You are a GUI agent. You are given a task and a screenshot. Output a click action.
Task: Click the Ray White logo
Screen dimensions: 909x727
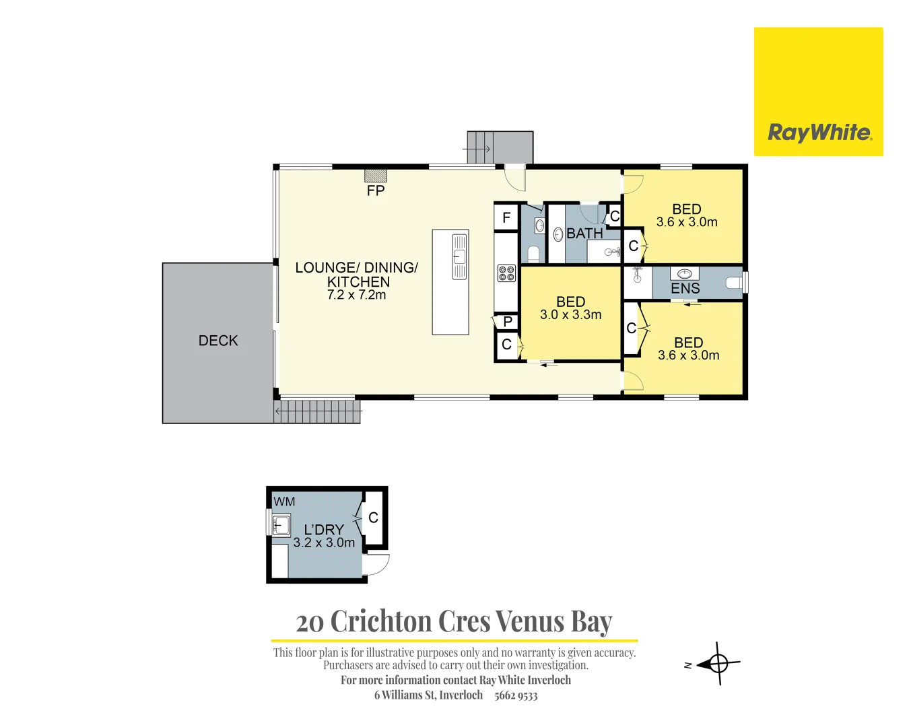coord(818,92)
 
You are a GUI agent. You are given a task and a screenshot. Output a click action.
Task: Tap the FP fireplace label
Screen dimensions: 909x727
coord(376,191)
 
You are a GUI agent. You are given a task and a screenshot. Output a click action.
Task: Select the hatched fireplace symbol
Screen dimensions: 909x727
coord(376,176)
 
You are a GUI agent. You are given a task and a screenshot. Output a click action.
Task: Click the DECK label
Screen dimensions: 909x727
coord(218,341)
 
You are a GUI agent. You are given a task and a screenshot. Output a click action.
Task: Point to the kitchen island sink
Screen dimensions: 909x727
coord(459,256)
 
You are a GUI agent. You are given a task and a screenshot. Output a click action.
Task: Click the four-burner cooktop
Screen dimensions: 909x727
coord(506,273)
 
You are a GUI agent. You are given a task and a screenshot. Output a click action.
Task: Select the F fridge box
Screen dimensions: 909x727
coord(506,217)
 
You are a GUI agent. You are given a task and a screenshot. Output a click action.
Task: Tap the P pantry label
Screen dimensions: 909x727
coord(508,322)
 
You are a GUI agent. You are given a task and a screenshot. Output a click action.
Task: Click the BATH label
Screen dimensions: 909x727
coord(584,233)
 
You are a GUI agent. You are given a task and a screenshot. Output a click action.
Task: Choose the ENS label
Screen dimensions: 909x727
coord(685,289)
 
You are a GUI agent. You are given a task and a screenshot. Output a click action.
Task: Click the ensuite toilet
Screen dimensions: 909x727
coord(735,282)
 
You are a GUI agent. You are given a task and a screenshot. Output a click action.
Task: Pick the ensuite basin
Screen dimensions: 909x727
coord(685,274)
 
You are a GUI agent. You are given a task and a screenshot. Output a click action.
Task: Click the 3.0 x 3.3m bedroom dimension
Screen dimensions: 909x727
coord(571,315)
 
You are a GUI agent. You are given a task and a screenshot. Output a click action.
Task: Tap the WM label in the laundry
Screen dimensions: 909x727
coord(284,502)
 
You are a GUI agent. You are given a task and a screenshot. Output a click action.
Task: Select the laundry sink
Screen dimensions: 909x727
coord(281,525)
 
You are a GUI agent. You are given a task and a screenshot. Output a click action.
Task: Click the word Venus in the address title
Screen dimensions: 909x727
coord(530,621)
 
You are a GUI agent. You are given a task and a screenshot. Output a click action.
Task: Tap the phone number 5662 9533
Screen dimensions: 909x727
coord(516,696)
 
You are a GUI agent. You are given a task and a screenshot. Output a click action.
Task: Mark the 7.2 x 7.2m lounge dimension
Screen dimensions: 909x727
coord(356,295)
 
